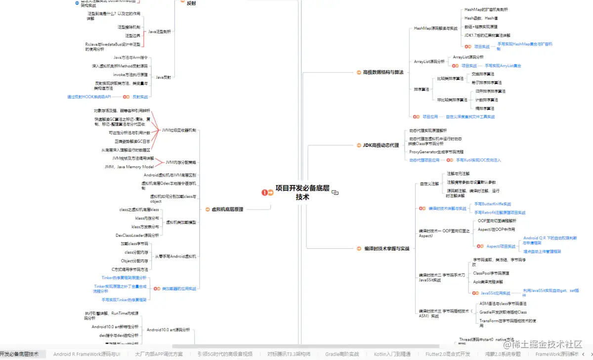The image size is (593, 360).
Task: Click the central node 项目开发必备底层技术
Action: (302, 192)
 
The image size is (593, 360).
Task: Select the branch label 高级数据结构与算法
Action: (380, 72)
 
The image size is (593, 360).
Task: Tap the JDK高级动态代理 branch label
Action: (381, 145)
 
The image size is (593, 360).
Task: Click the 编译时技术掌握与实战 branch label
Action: (383, 248)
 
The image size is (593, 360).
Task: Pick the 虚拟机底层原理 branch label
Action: (227, 209)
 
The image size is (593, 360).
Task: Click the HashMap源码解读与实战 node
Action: (435, 29)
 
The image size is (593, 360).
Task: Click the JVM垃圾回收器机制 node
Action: (178, 130)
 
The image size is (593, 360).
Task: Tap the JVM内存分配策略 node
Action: (180, 162)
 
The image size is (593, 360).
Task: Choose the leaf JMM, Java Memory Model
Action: (129, 167)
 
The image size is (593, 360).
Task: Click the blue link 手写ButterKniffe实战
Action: (492, 204)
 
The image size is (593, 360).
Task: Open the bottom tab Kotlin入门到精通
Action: (392, 354)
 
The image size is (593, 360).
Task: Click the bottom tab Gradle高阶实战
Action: (342, 354)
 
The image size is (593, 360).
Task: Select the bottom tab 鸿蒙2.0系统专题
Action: (502, 354)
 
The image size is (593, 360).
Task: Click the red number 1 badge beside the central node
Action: (264, 192)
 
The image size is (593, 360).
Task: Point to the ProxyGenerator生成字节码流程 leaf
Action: (436, 152)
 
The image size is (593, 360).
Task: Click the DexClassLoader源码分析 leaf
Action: (137, 235)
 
